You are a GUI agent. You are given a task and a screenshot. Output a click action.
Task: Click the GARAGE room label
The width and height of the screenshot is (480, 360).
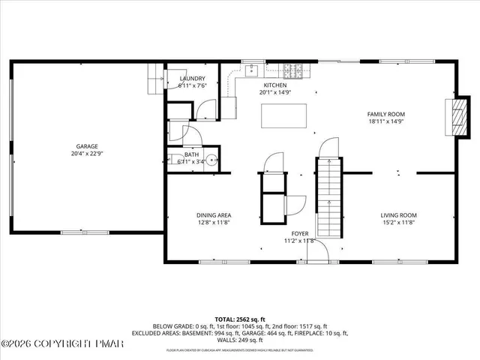pos(86,146)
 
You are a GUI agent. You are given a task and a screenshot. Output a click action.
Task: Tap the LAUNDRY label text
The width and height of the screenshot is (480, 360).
pos(193,78)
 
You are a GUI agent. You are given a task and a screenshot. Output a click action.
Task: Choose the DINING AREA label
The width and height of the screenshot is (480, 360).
pos(214,214)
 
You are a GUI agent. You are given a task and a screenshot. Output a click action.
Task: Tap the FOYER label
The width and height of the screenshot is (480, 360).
pos(299,233)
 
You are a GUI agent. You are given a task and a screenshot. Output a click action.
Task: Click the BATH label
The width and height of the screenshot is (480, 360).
pos(192,154)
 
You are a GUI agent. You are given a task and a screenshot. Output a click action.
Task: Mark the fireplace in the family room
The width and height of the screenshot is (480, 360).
pos(456,116)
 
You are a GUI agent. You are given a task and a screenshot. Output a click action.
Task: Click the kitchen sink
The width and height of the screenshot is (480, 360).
pos(252,71)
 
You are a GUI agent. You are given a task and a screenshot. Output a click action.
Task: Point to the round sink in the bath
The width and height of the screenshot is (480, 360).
pos(212,160)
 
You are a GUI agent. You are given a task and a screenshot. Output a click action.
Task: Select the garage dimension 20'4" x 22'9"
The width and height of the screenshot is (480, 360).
pos(86,154)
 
